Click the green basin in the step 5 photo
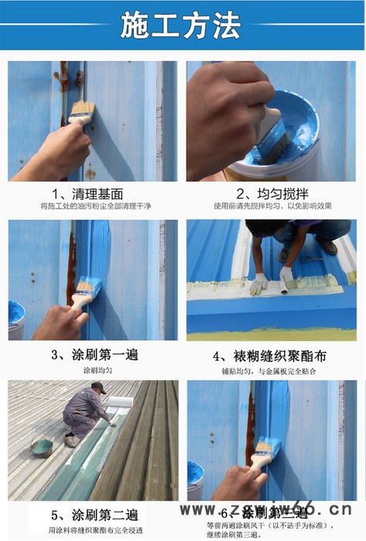[42, 447]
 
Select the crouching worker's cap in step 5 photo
[98, 388]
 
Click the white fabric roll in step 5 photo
[121, 401]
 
